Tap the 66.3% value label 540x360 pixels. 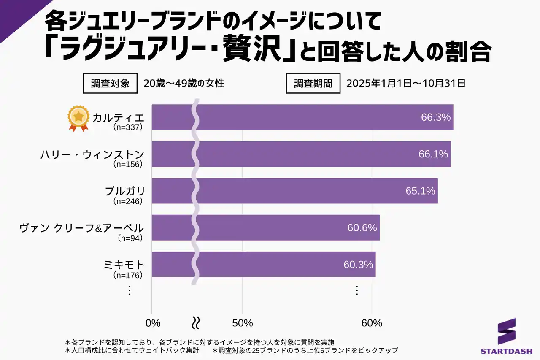tap(436, 117)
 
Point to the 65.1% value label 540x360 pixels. tap(420, 191)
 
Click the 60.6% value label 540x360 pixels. tap(362, 228)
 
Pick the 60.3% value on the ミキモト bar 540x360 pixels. tap(358, 265)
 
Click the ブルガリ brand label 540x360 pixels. tap(124, 191)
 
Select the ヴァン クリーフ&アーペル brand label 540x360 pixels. tap(82, 228)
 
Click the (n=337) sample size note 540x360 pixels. tap(128, 127)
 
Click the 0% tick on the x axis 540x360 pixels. tap(153, 323)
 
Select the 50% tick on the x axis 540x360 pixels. tap(243, 323)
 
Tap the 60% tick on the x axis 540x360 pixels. tap(372, 323)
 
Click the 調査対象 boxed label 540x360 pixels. tap(110, 84)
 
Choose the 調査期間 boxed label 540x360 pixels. tap(313, 84)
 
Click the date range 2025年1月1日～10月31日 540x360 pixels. tap(406, 84)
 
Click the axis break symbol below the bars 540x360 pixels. tap(196, 323)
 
